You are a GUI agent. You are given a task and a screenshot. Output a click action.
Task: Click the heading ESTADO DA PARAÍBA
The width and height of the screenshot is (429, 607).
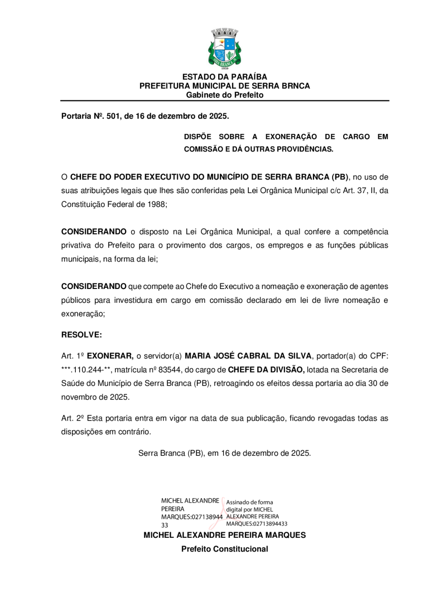pyautogui.click(x=225, y=77)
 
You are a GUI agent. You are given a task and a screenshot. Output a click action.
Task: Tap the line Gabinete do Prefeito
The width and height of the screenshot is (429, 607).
pyautogui.click(x=225, y=95)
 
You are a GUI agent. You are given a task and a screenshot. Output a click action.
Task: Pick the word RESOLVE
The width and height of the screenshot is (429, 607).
pyautogui.click(x=82, y=335)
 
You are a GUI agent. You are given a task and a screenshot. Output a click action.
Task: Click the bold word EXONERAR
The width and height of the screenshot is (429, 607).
pyautogui.click(x=110, y=356)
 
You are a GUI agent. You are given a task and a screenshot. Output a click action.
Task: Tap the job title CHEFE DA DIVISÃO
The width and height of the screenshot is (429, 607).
pyautogui.click(x=266, y=370)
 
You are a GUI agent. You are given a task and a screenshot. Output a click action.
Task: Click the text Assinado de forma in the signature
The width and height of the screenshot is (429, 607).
pyautogui.click(x=249, y=502)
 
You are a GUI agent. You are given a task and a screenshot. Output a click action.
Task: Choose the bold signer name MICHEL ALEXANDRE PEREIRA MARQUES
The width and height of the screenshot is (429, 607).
pyautogui.click(x=225, y=535)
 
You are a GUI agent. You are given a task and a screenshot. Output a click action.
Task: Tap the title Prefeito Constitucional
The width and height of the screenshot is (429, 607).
pyautogui.click(x=225, y=549)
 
